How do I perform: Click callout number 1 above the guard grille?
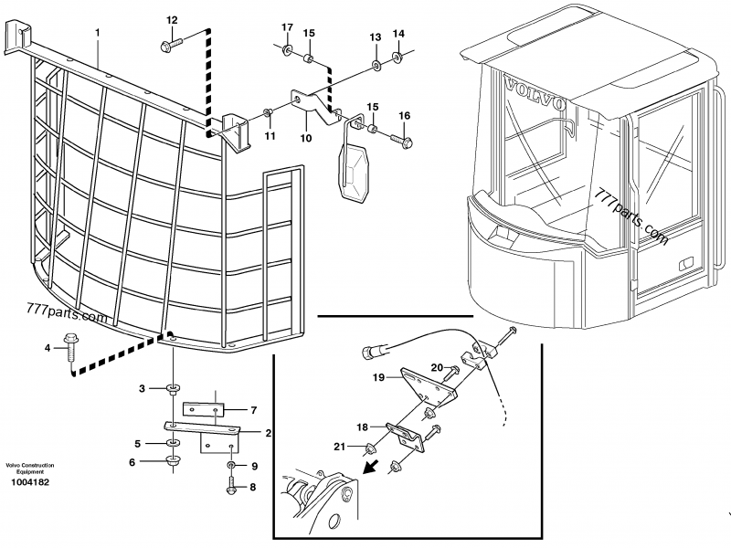(97, 33)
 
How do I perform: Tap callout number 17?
(287, 26)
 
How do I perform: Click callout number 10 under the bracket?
(305, 139)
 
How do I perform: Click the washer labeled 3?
(172, 390)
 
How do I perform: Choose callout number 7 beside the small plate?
(254, 409)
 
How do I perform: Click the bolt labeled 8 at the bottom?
(230, 488)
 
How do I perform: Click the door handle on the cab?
(683, 263)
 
